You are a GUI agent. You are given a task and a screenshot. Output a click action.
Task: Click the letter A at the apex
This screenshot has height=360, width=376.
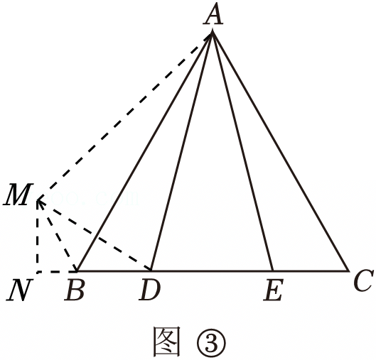point(213,14)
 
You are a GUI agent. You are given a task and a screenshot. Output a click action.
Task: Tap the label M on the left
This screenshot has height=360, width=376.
point(18,195)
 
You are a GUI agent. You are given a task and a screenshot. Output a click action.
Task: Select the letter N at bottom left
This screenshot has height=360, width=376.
point(19,290)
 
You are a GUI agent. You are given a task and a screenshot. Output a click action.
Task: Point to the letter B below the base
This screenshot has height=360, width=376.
point(75,289)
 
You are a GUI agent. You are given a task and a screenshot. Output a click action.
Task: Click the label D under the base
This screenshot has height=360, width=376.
point(150,289)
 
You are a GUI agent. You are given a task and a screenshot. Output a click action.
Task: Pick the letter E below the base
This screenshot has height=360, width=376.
point(274,289)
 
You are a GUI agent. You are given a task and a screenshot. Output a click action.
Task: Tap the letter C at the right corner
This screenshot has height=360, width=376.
point(363,280)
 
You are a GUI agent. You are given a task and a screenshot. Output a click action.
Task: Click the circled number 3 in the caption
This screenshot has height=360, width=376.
point(211,343)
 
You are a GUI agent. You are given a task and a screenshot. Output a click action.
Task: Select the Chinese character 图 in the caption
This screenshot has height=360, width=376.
point(166,342)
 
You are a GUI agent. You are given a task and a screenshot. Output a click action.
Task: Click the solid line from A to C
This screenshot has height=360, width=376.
point(280,151)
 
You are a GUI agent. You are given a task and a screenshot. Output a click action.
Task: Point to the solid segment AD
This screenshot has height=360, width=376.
point(181,151)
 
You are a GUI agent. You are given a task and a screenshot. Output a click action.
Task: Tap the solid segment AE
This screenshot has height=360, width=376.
point(242,151)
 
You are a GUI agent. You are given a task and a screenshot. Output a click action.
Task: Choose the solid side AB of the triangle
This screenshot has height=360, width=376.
point(144,151)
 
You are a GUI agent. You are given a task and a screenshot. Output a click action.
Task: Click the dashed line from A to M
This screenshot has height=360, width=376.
point(124,116)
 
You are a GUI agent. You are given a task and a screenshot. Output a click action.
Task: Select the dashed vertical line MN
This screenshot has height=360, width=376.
point(38,236)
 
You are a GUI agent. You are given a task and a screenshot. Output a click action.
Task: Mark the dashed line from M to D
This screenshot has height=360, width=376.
point(94,236)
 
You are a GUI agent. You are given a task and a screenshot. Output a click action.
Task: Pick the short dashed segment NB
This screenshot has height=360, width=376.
point(57,272)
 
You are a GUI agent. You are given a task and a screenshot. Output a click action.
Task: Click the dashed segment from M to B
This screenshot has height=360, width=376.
point(57,236)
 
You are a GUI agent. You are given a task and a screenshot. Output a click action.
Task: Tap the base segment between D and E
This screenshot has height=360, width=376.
point(212,271)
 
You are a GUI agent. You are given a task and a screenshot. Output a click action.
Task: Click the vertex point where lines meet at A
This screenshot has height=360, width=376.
point(213,32)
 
